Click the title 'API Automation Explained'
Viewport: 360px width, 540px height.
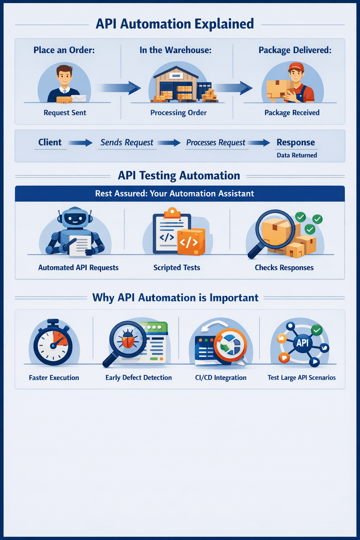coord(175,24)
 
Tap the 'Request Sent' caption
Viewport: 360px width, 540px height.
coord(65,113)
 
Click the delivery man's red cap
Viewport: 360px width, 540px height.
coord(296,67)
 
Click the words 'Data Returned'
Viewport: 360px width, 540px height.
coord(297,155)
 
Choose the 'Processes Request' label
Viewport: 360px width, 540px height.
coord(216,143)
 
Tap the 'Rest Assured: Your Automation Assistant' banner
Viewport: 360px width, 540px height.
coord(174,194)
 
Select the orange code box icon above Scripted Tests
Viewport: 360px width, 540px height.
coord(190,241)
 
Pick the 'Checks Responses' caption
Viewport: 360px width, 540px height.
coord(284,268)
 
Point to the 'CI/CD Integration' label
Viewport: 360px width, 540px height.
coord(221,378)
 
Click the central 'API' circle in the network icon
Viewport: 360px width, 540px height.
coord(302,343)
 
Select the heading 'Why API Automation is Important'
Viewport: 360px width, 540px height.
coord(175,298)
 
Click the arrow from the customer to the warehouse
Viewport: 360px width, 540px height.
coord(119,88)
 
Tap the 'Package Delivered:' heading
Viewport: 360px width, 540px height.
coord(295,50)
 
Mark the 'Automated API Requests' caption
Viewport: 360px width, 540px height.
coord(78,268)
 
